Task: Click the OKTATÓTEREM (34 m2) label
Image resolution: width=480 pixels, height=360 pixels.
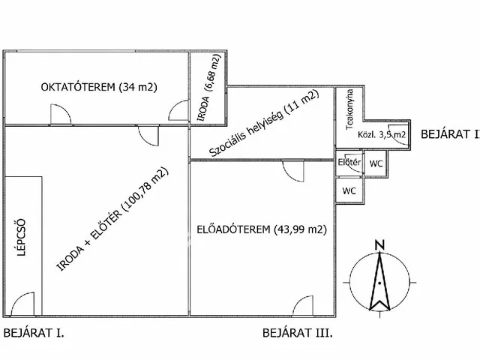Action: click(99, 87)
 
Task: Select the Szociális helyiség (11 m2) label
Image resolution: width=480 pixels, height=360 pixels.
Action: click(264, 123)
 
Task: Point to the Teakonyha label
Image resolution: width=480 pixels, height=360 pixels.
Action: click(349, 109)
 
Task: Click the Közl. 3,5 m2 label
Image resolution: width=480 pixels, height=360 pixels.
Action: click(382, 134)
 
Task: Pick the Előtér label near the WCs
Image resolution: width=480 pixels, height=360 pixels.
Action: click(349, 162)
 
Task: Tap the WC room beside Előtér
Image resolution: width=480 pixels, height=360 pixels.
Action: click(376, 163)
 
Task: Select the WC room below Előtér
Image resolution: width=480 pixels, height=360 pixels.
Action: click(349, 191)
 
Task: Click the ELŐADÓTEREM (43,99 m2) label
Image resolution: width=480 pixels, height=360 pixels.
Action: click(262, 229)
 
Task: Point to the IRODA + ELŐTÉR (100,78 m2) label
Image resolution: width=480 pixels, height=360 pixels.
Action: click(112, 219)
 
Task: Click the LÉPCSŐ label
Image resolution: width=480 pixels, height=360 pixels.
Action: click(21, 237)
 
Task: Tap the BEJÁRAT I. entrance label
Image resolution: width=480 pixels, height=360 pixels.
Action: click(34, 333)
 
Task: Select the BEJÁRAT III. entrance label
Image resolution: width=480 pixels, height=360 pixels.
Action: click(298, 333)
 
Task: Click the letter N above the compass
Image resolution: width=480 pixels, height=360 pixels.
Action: click(379, 245)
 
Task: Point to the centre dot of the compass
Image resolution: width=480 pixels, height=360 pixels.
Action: click(379, 283)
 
